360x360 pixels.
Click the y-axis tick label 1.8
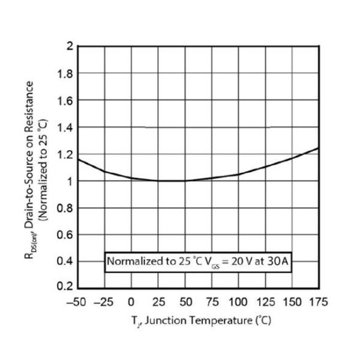coord(66,74)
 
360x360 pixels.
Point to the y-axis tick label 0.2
coord(66,287)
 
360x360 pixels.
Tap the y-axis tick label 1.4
coord(66,127)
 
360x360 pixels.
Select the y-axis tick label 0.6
coord(66,234)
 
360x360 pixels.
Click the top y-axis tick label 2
coord(70,47)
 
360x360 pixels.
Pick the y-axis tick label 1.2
coord(66,154)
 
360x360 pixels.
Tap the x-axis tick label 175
coord(318,302)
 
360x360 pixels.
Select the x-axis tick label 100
coord(238,302)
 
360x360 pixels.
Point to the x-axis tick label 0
coord(132,302)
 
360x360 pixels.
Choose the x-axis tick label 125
coord(265,302)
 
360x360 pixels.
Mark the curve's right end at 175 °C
coord(317,148)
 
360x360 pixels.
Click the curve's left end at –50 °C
coord(79,159)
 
